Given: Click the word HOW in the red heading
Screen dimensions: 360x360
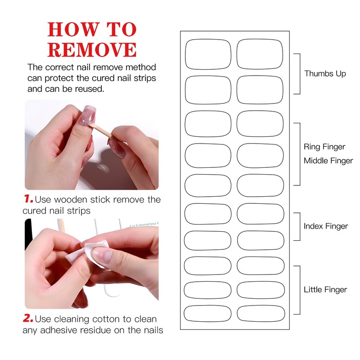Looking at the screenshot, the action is point(74,29).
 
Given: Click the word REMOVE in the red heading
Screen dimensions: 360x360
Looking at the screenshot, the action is point(92,50).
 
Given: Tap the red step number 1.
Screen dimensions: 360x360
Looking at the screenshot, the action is point(29,199).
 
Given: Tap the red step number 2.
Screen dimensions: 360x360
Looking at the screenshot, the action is point(28,318).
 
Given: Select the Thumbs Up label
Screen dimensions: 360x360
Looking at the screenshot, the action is point(325,74).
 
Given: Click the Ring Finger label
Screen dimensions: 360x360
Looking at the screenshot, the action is point(324,147).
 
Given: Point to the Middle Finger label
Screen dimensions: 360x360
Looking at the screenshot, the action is point(328,161).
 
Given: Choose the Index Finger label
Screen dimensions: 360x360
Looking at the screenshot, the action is point(326,226).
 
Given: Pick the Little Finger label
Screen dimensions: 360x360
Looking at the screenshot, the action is point(325,290).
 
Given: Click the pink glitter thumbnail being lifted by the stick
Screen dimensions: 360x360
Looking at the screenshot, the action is point(87,115).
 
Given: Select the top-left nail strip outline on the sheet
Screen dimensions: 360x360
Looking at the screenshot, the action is point(208,54).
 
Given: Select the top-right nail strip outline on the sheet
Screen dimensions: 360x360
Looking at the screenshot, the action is point(260,54).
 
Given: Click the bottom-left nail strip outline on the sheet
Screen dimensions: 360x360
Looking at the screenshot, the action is point(207,314).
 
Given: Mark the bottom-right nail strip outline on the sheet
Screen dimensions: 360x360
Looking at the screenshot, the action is point(261,313).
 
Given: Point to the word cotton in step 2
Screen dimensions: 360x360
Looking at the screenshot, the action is point(106,319).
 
